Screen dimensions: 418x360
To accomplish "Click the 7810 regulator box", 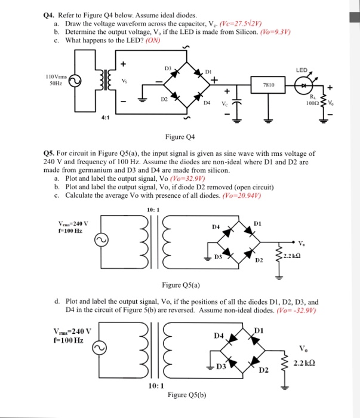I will click(268, 85).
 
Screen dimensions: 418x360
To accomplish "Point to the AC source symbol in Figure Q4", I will click(75, 83).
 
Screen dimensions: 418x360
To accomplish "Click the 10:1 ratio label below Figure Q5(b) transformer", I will click(153, 386).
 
